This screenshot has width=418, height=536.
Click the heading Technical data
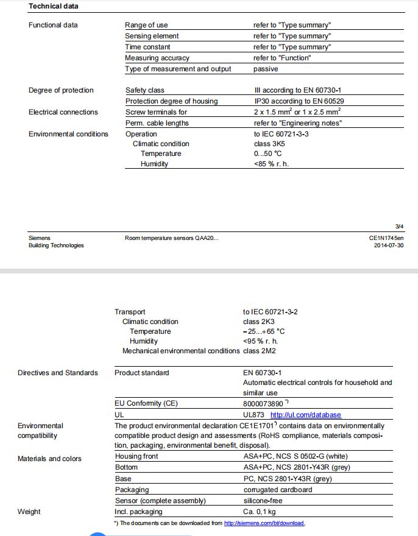pyautogui.click(x=54, y=6)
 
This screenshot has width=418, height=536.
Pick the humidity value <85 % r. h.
pyautogui.click(x=272, y=164)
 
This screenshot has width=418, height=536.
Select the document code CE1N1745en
pyautogui.click(x=386, y=238)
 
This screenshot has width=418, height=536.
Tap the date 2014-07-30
pyautogui.click(x=388, y=245)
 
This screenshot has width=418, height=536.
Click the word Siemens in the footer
pyautogui.click(x=40, y=238)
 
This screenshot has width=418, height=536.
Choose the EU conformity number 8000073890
pyautogui.click(x=263, y=403)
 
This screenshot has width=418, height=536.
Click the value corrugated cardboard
pyautogui.click(x=277, y=490)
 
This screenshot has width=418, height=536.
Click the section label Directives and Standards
pyautogui.click(x=58, y=373)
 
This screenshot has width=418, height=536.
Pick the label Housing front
pyautogui.click(x=137, y=456)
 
